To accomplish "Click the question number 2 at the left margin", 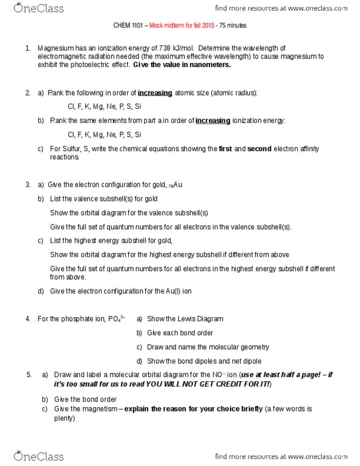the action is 28,93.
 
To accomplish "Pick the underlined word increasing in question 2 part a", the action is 155,93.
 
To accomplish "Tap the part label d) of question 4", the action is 140,361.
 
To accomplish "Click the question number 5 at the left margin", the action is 29,375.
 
